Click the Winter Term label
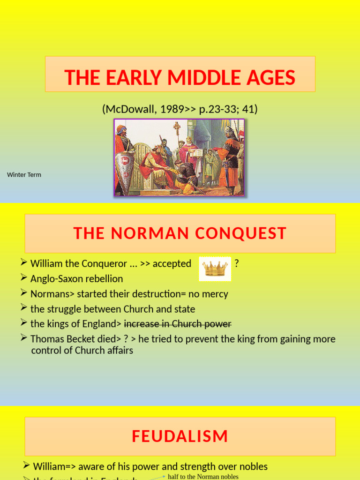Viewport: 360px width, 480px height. [24, 175]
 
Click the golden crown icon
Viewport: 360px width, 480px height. [215, 269]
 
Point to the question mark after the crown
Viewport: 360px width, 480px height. [237, 263]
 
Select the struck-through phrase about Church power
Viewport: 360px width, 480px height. [178, 324]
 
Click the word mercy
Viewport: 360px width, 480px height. [215, 294]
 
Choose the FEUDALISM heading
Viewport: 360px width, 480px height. [180, 436]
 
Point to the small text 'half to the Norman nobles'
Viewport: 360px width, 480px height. [203, 477]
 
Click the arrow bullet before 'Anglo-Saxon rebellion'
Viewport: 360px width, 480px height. [25, 278]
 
